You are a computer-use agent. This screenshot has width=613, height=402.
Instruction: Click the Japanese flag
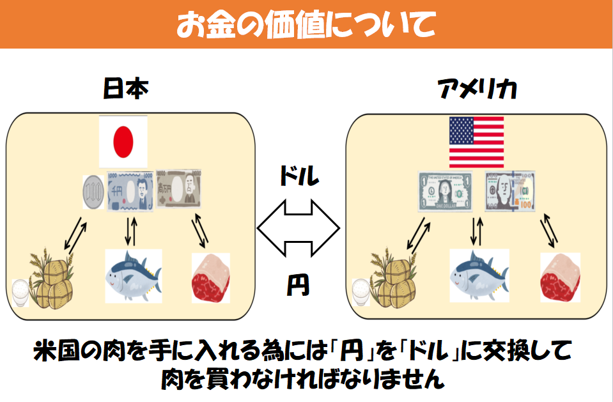point(123,141)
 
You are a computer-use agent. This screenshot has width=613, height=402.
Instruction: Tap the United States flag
point(476,142)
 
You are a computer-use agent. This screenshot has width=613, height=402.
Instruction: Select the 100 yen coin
point(93,191)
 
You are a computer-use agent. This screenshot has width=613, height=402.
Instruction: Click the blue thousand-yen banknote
point(130,191)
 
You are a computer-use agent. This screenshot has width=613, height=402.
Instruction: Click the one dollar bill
point(444,191)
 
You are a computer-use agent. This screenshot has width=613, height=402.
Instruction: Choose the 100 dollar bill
point(510,191)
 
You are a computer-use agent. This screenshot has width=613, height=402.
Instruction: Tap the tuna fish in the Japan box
point(133,276)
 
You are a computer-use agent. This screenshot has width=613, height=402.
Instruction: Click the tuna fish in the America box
point(479,276)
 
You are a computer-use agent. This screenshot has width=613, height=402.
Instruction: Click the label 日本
point(125,89)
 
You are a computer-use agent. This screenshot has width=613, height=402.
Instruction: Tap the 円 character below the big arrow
point(298,285)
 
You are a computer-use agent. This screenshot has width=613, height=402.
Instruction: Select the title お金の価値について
point(306,24)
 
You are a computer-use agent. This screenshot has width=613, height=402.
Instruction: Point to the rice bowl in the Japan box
point(21,292)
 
